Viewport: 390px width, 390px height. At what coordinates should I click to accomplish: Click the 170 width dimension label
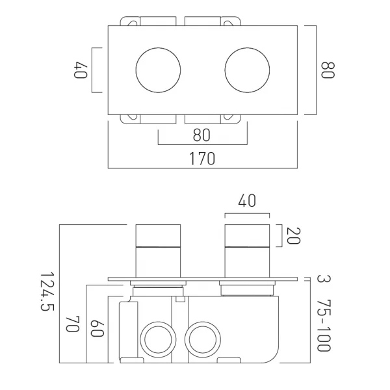click(x=202, y=159)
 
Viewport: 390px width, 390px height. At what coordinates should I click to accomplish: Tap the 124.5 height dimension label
click(x=47, y=291)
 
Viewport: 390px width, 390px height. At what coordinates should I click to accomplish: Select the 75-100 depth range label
click(x=324, y=326)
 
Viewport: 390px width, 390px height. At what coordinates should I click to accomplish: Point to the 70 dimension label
click(x=73, y=324)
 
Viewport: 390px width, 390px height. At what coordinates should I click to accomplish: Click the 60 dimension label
click(x=97, y=328)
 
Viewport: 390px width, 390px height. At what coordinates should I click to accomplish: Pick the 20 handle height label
click(x=294, y=236)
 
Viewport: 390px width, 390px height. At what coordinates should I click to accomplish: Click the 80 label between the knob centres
click(x=201, y=135)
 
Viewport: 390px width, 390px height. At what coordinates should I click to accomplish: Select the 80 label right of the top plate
click(x=328, y=70)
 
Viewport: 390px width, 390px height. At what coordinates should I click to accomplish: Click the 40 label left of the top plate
click(x=81, y=70)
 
